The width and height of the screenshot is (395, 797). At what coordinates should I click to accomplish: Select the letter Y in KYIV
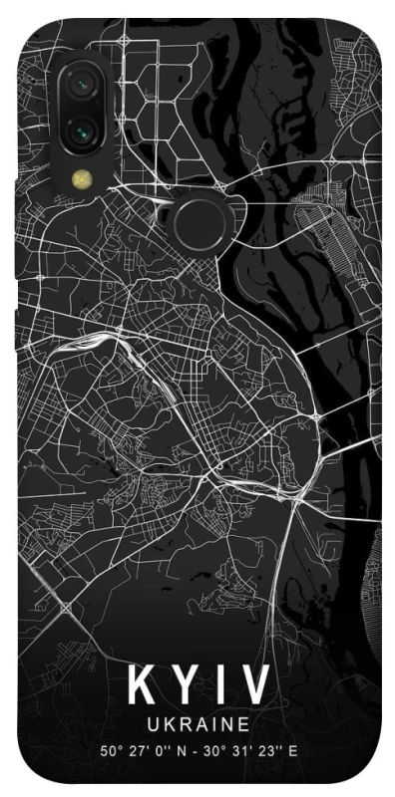tap(186, 687)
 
